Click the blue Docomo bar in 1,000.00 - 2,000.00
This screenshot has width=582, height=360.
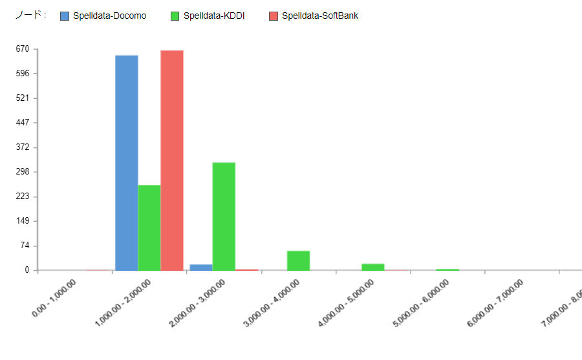click(126, 162)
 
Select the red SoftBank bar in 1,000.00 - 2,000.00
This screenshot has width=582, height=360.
click(172, 160)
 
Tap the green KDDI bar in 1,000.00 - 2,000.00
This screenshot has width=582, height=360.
click(149, 227)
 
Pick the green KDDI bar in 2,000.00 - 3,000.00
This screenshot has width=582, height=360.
click(224, 216)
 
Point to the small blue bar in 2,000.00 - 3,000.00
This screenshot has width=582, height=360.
click(201, 267)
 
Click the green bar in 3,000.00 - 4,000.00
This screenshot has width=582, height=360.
click(298, 260)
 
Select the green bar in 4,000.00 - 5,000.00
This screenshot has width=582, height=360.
click(372, 266)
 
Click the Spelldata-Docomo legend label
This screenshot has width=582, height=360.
click(109, 16)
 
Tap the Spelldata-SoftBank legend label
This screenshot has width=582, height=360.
click(319, 16)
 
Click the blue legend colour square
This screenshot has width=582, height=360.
click(64, 16)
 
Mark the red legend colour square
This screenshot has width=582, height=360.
click(273, 16)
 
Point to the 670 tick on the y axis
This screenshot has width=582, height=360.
click(23, 49)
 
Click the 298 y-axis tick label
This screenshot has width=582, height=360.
click(23, 172)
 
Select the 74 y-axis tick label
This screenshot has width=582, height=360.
click(25, 246)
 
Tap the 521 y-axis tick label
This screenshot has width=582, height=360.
click(23, 98)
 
